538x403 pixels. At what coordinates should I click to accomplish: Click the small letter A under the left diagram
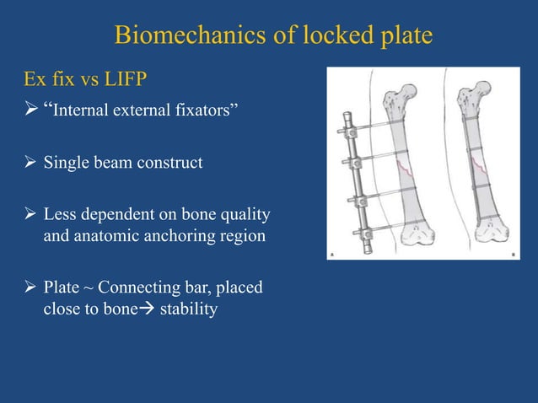pos(332,255)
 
